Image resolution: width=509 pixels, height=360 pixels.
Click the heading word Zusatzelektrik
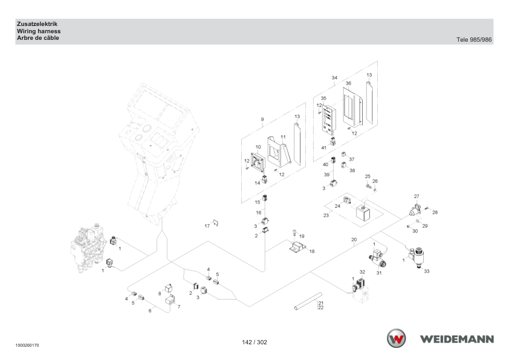click(x=37, y=24)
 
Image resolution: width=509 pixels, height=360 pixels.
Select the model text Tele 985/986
click(x=474, y=40)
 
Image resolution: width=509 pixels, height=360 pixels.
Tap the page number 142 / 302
click(x=254, y=342)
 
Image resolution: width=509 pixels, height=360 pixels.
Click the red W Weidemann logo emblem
click(x=397, y=338)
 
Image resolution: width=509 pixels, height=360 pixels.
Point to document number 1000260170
click(x=27, y=346)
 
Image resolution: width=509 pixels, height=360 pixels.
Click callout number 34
click(x=334, y=78)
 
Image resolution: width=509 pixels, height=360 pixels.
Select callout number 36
click(x=348, y=83)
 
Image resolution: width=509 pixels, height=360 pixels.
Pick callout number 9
click(x=262, y=120)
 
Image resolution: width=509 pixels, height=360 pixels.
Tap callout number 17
click(x=207, y=226)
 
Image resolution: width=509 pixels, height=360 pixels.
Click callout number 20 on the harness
click(x=354, y=240)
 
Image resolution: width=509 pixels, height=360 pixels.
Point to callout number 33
click(x=427, y=271)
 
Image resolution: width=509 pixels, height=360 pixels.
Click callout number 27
click(x=417, y=196)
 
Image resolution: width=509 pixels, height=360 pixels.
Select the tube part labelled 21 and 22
click(x=308, y=301)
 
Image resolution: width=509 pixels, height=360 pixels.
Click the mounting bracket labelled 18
click(x=297, y=247)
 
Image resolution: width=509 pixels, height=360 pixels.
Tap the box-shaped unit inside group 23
click(x=363, y=213)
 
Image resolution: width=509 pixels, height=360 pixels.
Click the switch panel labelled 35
click(x=329, y=119)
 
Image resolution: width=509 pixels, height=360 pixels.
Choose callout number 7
click(x=178, y=307)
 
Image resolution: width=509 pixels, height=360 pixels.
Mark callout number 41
click(x=323, y=148)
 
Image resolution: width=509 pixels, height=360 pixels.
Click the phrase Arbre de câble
click(x=38, y=38)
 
